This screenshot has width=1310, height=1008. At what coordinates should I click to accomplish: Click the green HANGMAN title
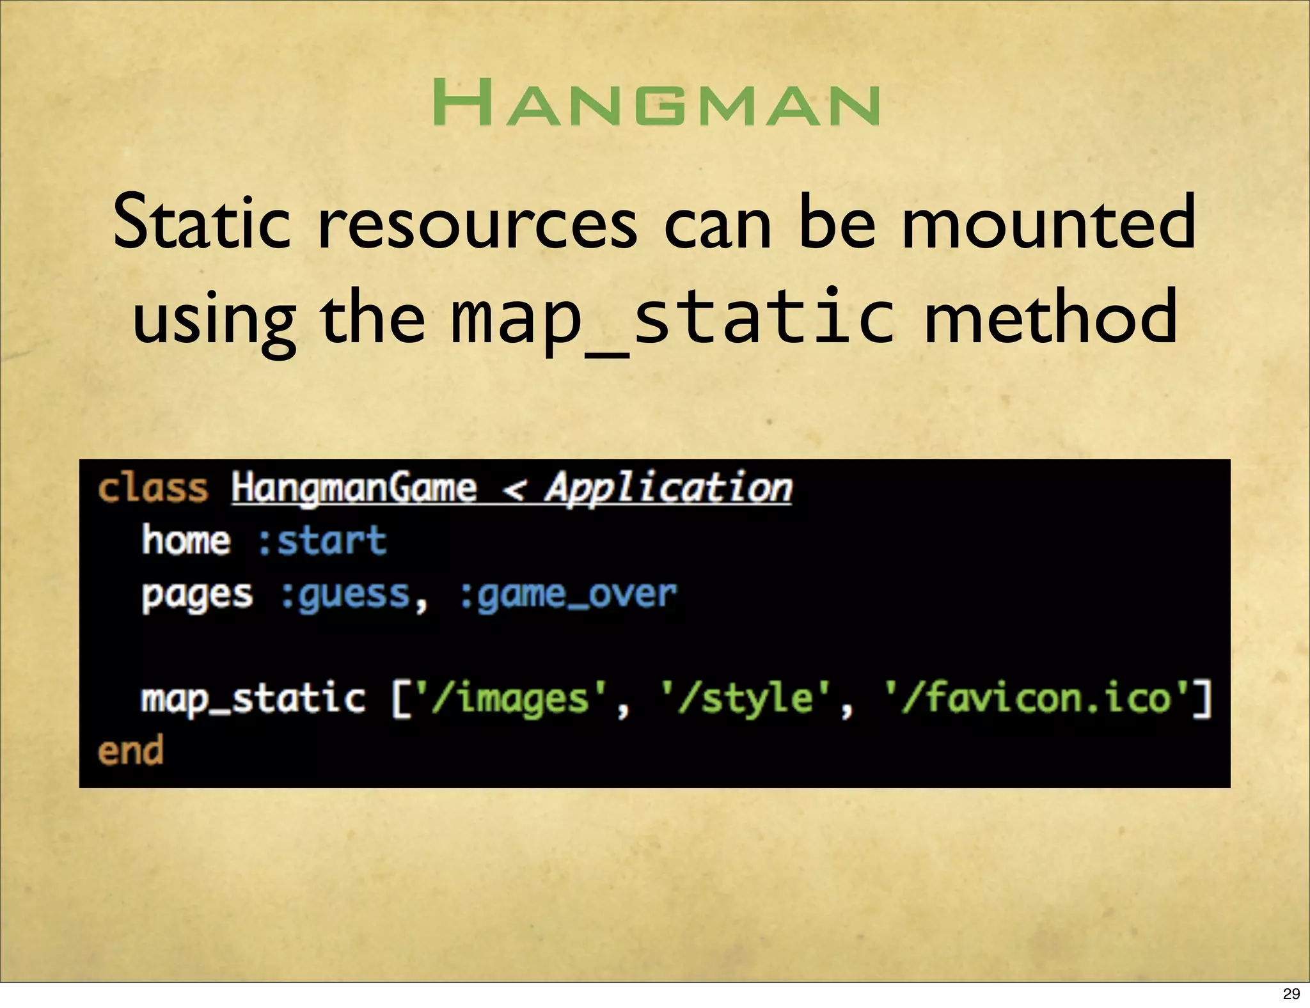coord(656,104)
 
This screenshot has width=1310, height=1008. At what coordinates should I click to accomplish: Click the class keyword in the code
coord(153,489)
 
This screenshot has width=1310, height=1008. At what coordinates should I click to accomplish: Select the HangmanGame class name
coord(354,489)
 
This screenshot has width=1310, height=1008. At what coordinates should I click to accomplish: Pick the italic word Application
coord(668,489)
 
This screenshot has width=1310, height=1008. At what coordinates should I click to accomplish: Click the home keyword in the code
coord(185,540)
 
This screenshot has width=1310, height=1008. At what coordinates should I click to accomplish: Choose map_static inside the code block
coord(253,698)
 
